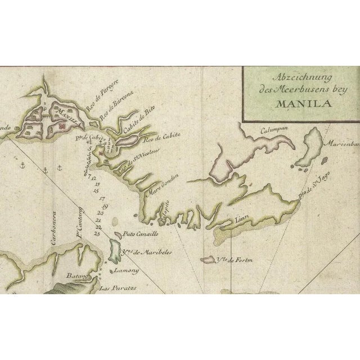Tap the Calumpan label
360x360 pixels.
(x=273, y=129)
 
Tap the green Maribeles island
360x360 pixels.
(x=113, y=246)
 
